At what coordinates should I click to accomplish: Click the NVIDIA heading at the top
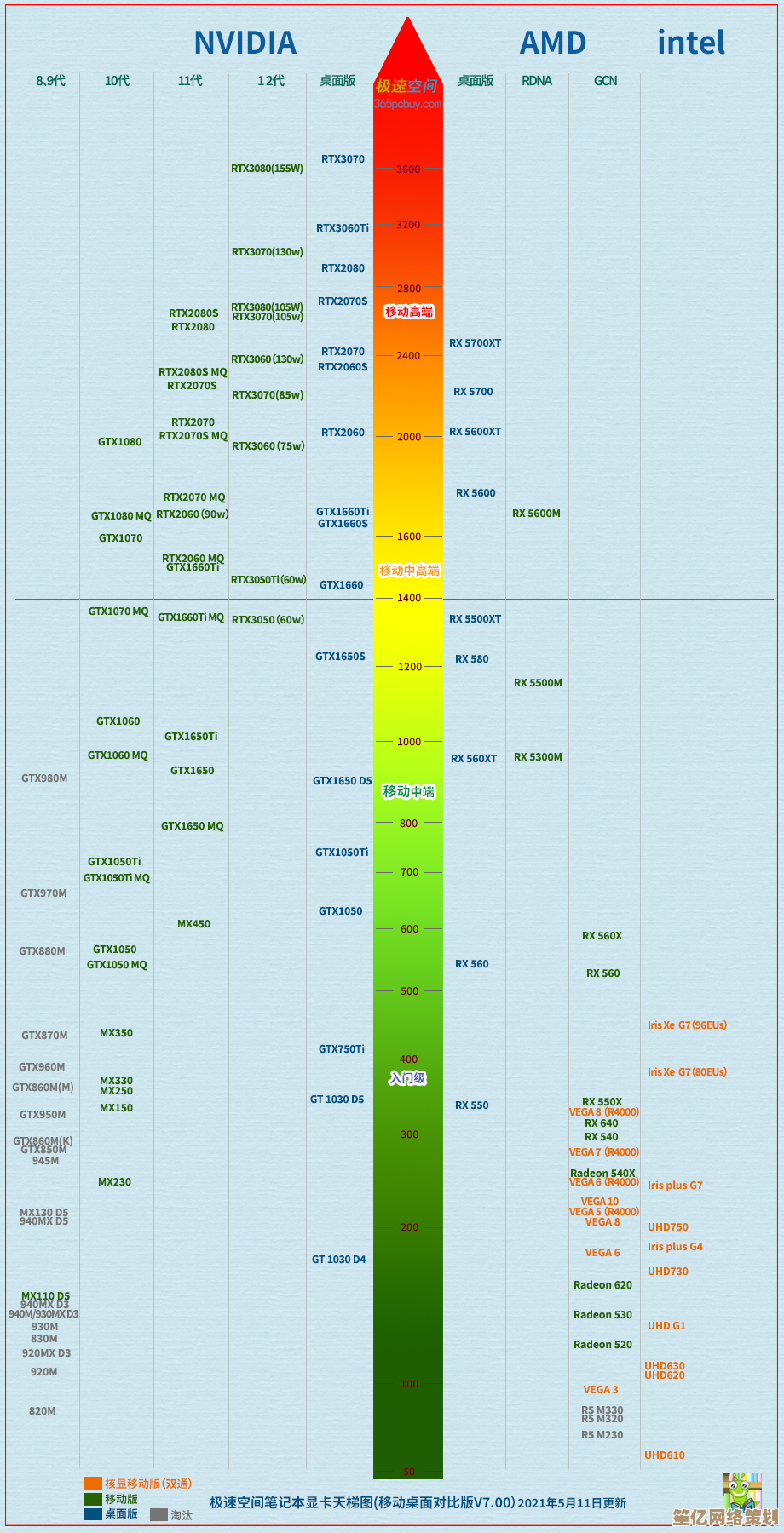coord(245,43)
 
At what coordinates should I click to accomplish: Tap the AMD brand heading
coord(553,43)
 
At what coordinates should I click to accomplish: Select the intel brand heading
coord(691,43)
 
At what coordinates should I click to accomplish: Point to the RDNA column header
coord(537,81)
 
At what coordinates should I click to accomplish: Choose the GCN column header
coord(606,81)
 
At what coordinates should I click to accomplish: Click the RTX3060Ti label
coord(343,228)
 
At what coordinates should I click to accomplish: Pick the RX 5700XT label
coord(476,343)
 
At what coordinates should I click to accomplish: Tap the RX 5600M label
coord(536,514)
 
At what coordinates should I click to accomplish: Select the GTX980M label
coord(44,778)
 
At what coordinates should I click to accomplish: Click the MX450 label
coord(193,924)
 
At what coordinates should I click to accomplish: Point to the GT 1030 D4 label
coord(338,1260)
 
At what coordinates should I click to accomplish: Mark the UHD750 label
coord(668,1227)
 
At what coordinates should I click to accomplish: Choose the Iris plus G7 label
coord(675,1186)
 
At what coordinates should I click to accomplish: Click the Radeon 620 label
coord(602,1285)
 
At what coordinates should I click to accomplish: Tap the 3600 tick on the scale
coord(408,169)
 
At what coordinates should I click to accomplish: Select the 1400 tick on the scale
coord(409,599)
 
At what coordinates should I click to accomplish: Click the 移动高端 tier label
coord(409,312)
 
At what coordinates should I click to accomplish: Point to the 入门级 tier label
coord(407,1079)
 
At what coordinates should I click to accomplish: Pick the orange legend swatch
coord(93,1484)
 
